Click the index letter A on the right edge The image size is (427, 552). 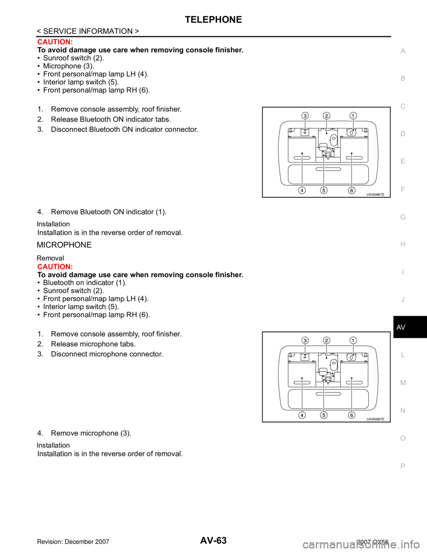[x=403, y=51]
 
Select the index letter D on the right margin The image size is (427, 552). [x=403, y=134]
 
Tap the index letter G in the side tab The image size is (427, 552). [x=403, y=217]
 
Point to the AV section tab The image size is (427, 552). [x=401, y=327]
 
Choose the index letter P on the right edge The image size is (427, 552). [x=403, y=466]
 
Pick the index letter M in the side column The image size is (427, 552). [x=403, y=383]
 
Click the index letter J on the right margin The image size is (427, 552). [x=403, y=300]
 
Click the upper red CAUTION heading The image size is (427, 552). [x=55, y=42]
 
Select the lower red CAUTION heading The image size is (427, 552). [x=55, y=267]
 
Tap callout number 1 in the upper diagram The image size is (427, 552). [x=352, y=116]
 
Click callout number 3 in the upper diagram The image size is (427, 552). [x=305, y=116]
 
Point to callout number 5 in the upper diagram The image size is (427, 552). [x=323, y=190]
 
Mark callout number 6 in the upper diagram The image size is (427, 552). [x=351, y=190]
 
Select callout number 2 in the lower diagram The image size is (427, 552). [x=326, y=340]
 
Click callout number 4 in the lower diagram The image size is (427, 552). [x=302, y=415]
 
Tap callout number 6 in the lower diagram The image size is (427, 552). [x=351, y=415]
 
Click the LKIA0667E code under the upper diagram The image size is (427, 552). [x=375, y=194]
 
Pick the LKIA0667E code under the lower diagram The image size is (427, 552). [x=375, y=419]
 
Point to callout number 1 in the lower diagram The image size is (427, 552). [x=352, y=340]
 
